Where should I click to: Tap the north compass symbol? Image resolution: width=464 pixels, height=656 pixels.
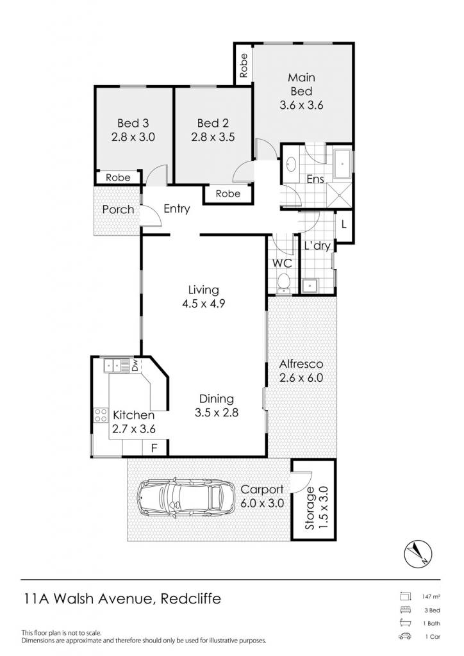(418, 553)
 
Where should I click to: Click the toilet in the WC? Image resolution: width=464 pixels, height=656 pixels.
(284, 283)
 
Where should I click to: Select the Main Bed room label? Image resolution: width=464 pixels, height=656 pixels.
(301, 84)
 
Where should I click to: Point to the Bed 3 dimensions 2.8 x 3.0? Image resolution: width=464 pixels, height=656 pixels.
(133, 137)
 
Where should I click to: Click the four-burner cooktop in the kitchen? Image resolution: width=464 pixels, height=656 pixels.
(101, 415)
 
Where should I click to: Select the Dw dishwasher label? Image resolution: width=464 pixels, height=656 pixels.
(135, 366)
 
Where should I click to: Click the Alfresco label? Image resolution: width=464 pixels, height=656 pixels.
(301, 364)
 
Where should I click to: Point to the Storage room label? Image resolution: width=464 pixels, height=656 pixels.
(310, 508)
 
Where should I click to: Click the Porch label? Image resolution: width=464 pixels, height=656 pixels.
(119, 209)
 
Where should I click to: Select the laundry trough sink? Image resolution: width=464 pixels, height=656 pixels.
(310, 286)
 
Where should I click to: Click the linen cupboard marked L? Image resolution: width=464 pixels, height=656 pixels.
(344, 225)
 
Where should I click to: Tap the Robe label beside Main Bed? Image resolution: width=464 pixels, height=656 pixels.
(244, 65)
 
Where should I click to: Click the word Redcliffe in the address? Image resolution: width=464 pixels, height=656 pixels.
(191, 599)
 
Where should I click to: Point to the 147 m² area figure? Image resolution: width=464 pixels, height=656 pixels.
(431, 596)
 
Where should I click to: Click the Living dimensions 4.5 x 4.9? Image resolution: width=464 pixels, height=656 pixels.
(203, 303)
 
